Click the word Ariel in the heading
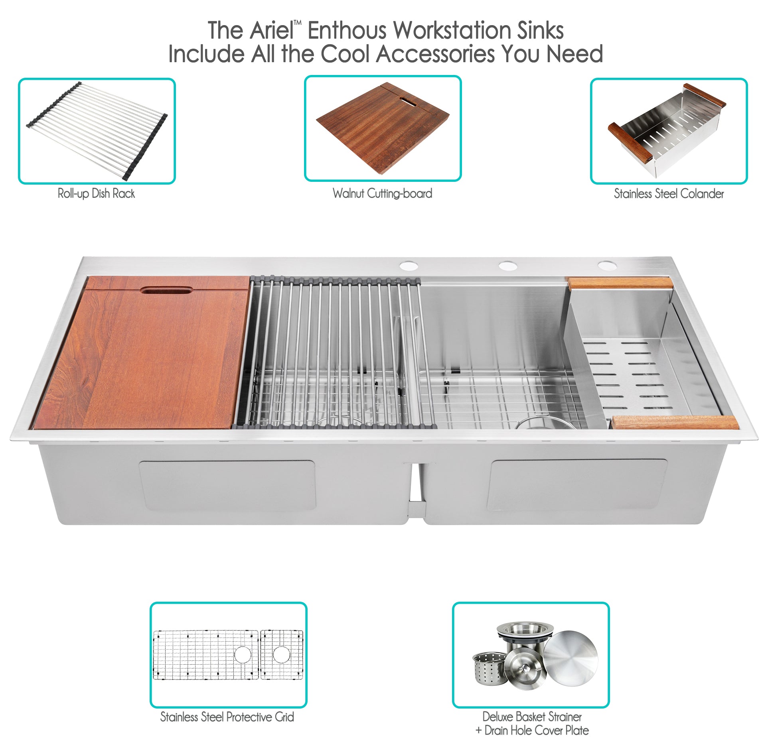pyautogui.click(x=272, y=31)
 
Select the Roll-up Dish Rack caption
pyautogui.click(x=96, y=194)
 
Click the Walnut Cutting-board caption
pyautogui.click(x=383, y=194)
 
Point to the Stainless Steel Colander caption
pyautogui.click(x=669, y=194)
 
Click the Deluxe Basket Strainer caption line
pyautogui.click(x=532, y=717)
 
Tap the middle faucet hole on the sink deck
pyautogui.click(x=507, y=265)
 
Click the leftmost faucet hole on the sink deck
pyautogui.click(x=409, y=266)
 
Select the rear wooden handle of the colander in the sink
pyautogui.click(x=620, y=283)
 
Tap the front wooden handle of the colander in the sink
pyautogui.click(x=675, y=422)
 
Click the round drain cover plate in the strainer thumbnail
pyautogui.click(x=571, y=656)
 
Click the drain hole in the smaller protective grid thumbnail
pyautogui.click(x=281, y=654)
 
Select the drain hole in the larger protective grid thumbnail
pyautogui.click(x=243, y=654)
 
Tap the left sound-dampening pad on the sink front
pyautogui.click(x=227, y=485)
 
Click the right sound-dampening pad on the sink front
pyautogui.click(x=577, y=484)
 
